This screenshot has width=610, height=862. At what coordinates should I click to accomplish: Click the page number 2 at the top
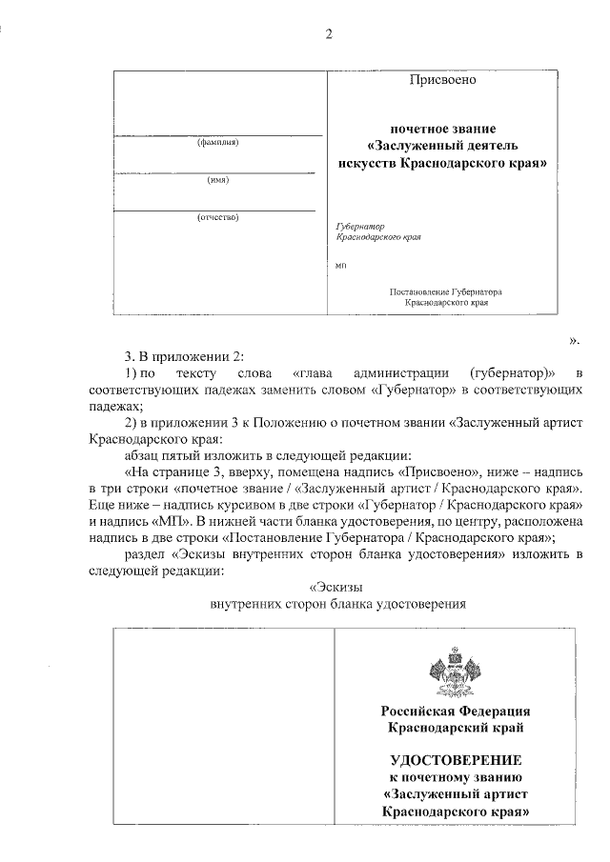[329, 35]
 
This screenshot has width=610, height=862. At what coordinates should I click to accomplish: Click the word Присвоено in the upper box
[442, 80]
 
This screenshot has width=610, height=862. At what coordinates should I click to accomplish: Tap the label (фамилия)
[217, 143]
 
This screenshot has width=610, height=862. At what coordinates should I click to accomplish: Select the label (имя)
[217, 179]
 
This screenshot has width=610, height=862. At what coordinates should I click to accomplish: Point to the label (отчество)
[217, 216]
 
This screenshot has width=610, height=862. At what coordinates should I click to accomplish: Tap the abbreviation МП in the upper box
[342, 264]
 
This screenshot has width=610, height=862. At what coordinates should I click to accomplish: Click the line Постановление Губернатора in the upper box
[446, 291]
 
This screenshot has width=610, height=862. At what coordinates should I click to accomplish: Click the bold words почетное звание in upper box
[443, 128]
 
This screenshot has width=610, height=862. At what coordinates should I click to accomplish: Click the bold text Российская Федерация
[456, 712]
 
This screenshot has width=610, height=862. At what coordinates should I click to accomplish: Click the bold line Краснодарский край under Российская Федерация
[456, 728]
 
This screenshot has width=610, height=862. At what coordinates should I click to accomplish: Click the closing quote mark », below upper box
[573, 338]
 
